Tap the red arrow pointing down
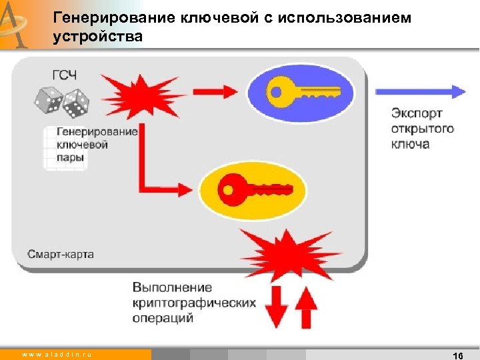click(x=279, y=307)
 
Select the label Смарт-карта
click(x=61, y=254)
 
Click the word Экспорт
click(x=417, y=113)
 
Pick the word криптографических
click(x=194, y=303)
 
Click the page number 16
click(x=457, y=355)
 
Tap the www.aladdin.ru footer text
click(x=57, y=355)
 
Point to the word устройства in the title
click(x=97, y=37)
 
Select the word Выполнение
click(x=172, y=287)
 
